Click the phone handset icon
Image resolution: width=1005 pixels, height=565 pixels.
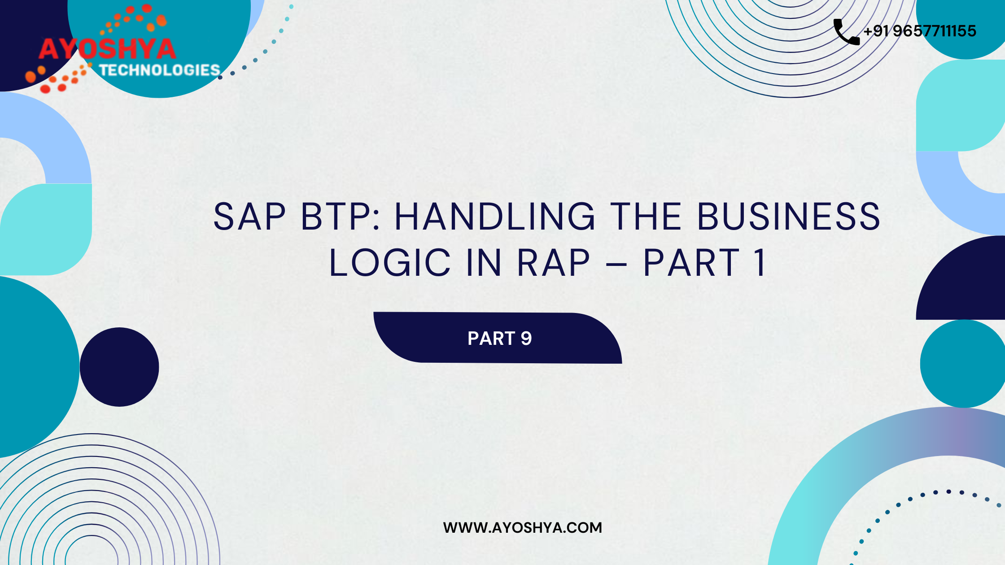pyautogui.click(x=847, y=32)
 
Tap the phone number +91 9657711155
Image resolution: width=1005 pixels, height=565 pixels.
pyautogui.click(x=920, y=31)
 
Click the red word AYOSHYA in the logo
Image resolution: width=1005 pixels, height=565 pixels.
pyautogui.click(x=107, y=49)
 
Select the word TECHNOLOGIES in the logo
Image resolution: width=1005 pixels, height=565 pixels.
pyautogui.click(x=160, y=70)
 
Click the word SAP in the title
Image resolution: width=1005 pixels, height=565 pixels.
pyautogui.click(x=249, y=217)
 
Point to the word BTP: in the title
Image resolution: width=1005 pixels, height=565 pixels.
pyautogui.click(x=340, y=217)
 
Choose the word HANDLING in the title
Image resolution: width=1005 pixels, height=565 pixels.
pyautogui.click(x=494, y=217)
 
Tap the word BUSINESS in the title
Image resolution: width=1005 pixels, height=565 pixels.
pyautogui.click(x=789, y=217)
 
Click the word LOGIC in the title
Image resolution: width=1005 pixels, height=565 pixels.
pyautogui.click(x=390, y=263)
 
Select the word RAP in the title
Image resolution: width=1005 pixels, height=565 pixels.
pyautogui.click(x=553, y=263)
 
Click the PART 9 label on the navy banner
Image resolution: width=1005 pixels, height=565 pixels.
pyautogui.click(x=499, y=339)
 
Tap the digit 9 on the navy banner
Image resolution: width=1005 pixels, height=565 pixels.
pyautogui.click(x=526, y=339)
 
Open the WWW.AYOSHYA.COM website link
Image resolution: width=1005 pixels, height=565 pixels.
pyautogui.click(x=522, y=528)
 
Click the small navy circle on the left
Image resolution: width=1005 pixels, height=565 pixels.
pyautogui.click(x=119, y=367)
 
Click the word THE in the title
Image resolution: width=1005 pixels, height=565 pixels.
pyautogui.click(x=646, y=217)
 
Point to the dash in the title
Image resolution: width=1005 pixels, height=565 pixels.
pyautogui.click(x=616, y=264)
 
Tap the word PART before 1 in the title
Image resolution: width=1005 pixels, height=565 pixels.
pyautogui.click(x=691, y=263)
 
